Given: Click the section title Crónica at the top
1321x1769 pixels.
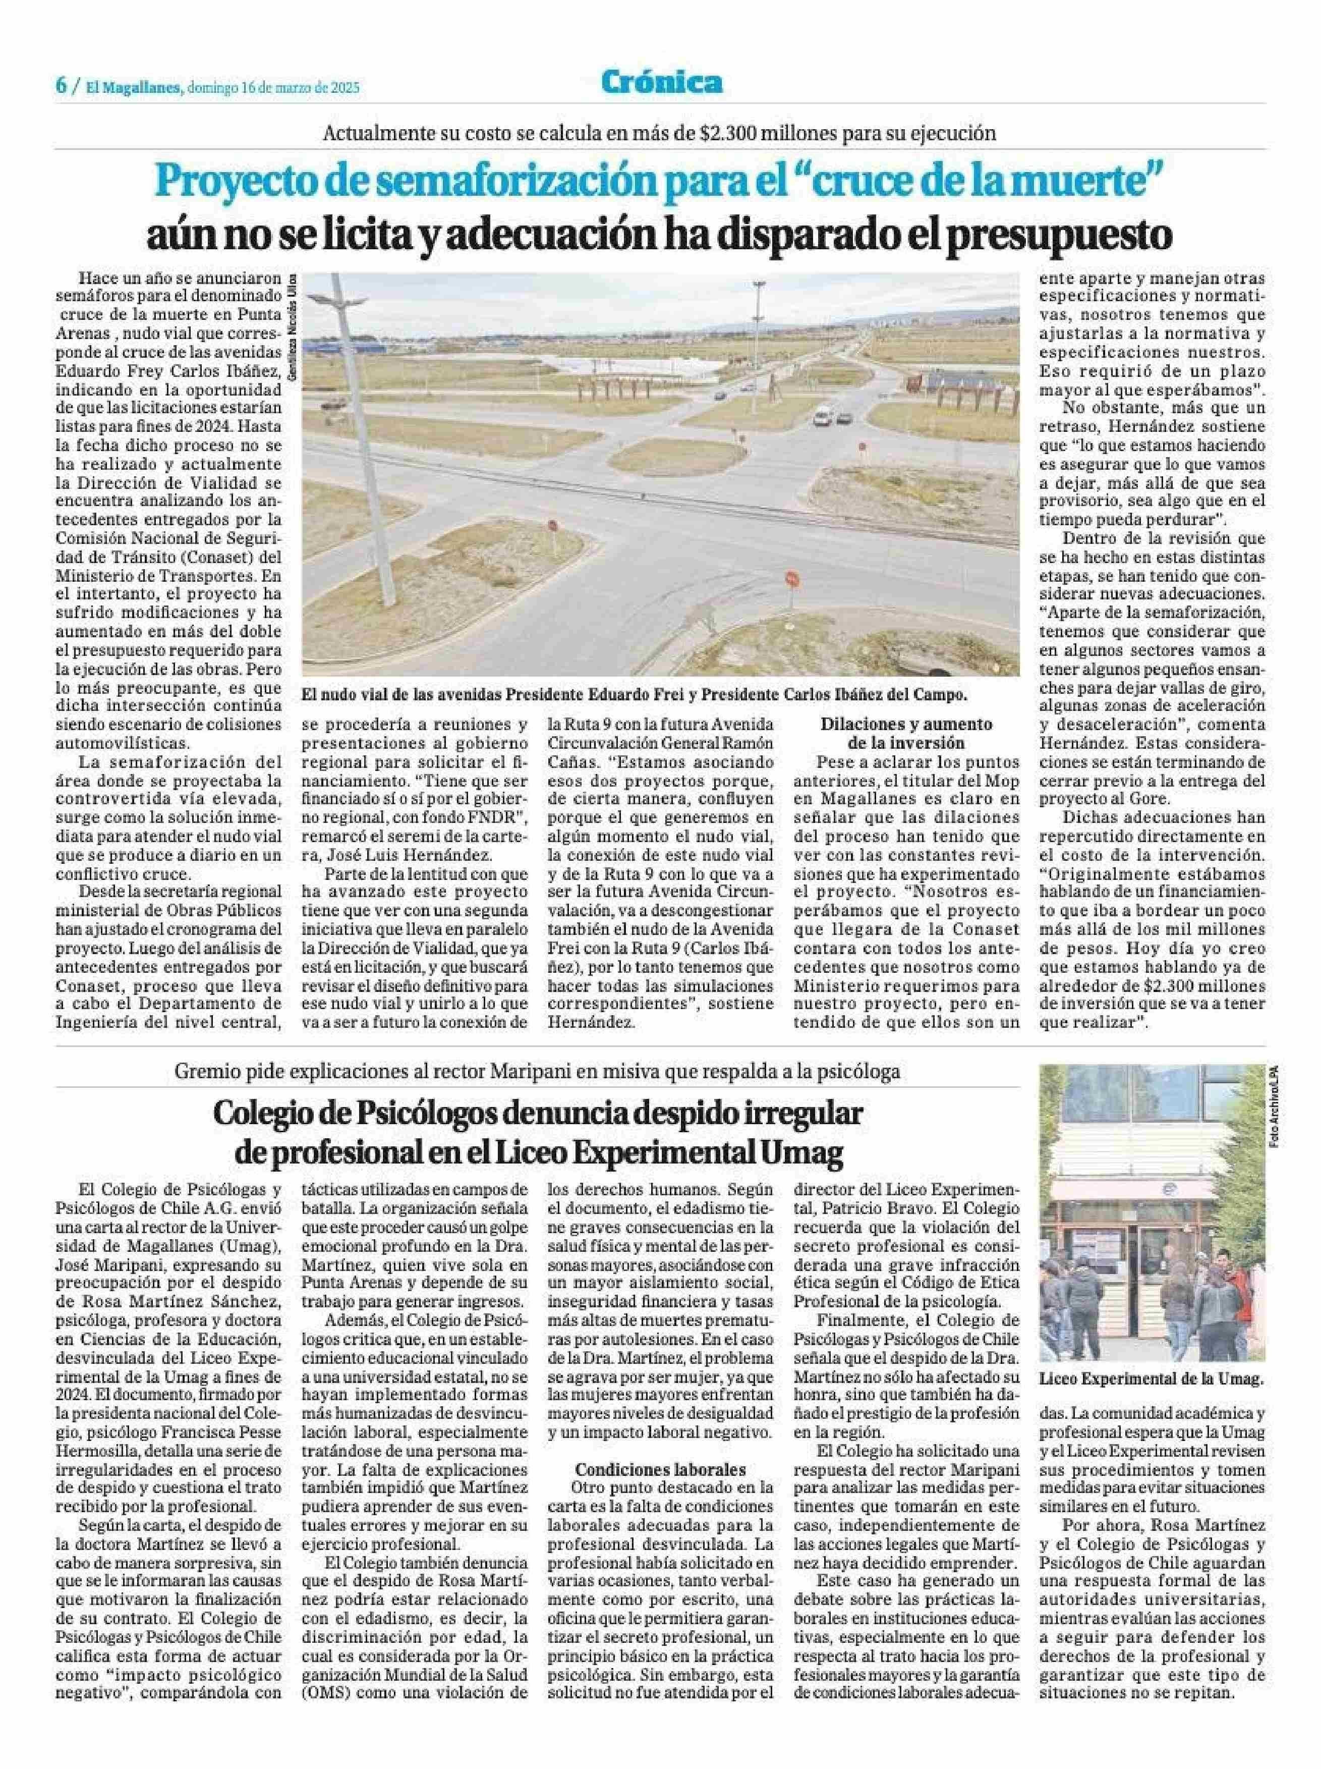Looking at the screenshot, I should pyautogui.click(x=661, y=82).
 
